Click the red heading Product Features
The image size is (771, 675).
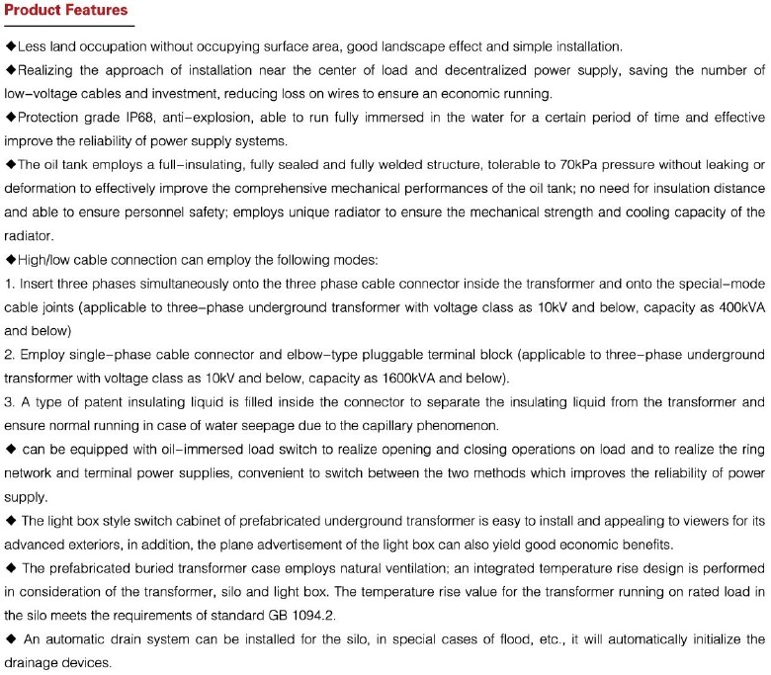pos(66,11)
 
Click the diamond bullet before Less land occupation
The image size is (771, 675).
pos(10,47)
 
